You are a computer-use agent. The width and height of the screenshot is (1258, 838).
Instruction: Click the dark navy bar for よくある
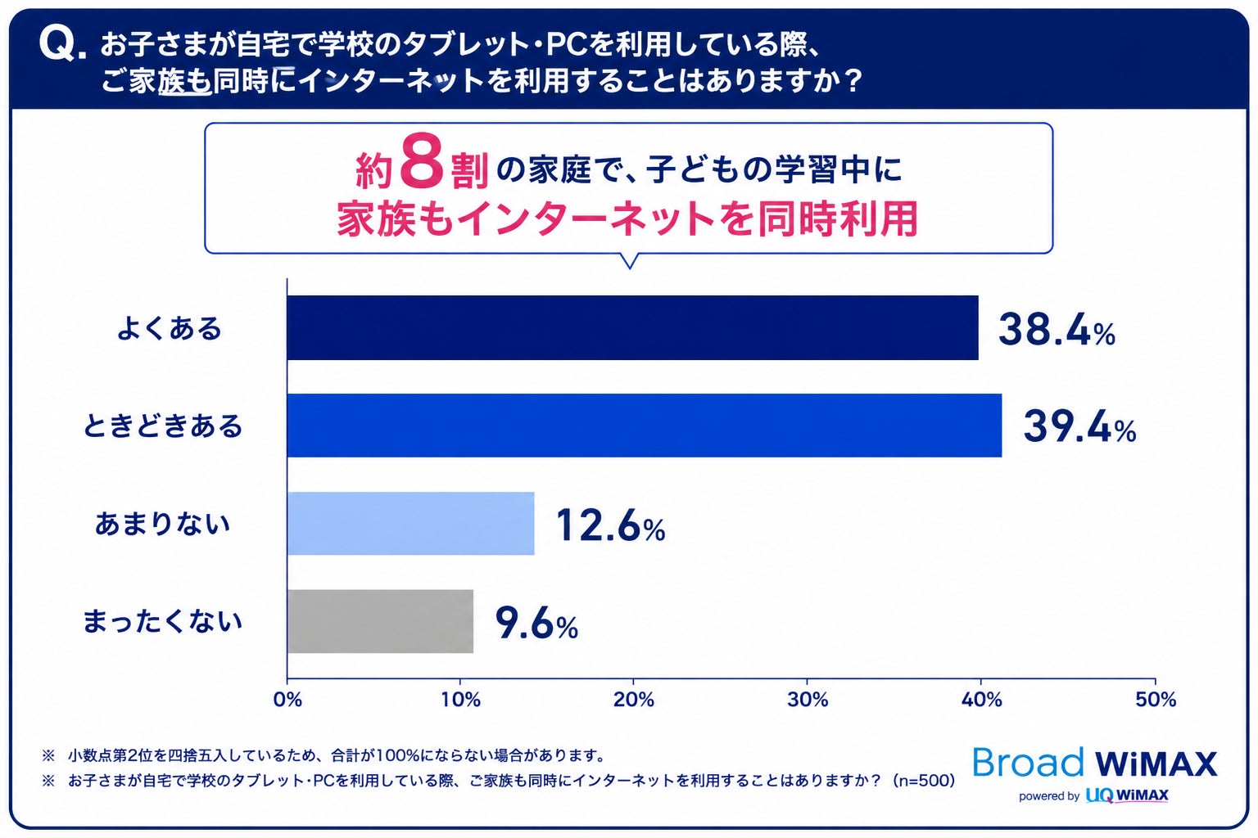(632, 327)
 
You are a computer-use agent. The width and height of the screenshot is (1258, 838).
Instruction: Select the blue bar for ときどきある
(645, 426)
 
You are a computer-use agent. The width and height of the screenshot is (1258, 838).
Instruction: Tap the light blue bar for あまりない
(410, 523)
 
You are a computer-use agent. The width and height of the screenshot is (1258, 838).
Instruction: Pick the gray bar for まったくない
(380, 621)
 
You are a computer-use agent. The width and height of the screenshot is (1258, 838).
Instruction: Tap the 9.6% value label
(536, 623)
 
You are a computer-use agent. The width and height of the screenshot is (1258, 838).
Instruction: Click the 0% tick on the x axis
(287, 700)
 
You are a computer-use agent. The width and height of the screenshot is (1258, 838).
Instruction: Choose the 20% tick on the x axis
(633, 700)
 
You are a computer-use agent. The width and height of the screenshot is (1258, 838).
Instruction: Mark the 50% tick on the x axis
(1156, 700)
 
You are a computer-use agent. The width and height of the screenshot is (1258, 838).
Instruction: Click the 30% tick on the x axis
(807, 700)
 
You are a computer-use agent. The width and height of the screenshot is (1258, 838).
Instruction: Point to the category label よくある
(169, 328)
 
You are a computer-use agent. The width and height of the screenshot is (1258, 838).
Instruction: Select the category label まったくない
(162, 621)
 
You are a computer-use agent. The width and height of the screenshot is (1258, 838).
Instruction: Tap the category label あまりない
(162, 524)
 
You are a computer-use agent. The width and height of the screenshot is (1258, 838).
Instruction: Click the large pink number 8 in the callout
(421, 162)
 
